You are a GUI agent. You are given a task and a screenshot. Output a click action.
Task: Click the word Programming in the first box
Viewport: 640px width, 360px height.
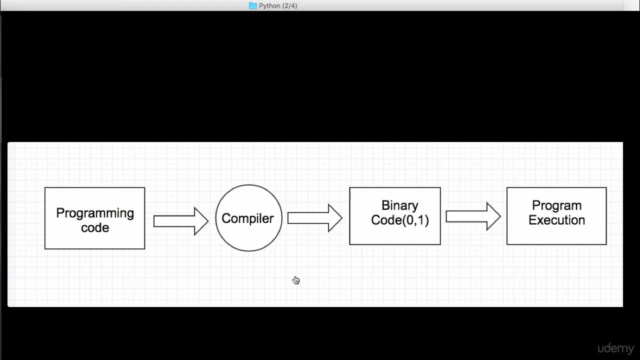(x=95, y=213)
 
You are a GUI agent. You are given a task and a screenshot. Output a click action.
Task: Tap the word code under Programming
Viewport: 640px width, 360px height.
(x=95, y=228)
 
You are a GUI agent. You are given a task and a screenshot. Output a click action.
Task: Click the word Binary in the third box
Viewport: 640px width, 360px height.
(x=399, y=206)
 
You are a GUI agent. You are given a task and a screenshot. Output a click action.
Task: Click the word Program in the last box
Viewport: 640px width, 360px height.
(x=556, y=206)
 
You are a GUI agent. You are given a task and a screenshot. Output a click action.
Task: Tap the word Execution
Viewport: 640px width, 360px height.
(x=556, y=220)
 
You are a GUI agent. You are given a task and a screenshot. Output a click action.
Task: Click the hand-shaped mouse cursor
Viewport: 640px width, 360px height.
(x=296, y=280)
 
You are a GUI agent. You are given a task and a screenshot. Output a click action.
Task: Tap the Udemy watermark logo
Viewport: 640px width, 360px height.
(x=615, y=348)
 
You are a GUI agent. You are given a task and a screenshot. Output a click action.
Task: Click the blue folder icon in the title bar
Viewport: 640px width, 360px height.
(x=253, y=5)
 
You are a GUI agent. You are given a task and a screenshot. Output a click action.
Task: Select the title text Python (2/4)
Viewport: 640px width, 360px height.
(x=278, y=6)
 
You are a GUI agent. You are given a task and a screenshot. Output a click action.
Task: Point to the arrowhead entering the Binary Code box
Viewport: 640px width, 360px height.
(x=339, y=218)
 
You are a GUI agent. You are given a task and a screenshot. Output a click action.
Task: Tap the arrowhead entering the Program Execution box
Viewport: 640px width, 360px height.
(x=498, y=216)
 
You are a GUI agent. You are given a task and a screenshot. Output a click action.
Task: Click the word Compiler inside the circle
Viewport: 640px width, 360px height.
(x=247, y=218)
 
